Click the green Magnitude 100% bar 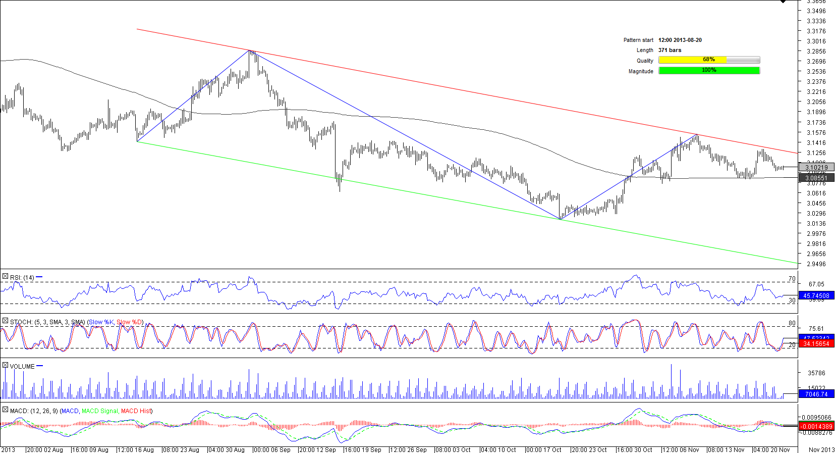point(709,71)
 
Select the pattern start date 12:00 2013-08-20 point(680,40)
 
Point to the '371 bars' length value point(670,50)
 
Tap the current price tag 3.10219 point(816,167)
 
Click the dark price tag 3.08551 point(816,178)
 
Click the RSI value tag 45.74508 point(816,296)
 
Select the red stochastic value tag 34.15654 point(816,344)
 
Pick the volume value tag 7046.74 point(816,394)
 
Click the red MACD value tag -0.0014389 point(816,427)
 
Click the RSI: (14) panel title point(22,277)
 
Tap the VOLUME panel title point(22,366)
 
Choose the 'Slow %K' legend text point(101,322)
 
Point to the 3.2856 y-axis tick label point(816,52)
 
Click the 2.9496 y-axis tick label point(816,264)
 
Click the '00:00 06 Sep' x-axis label point(272,449)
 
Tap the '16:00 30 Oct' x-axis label point(634,449)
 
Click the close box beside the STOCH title point(5,321)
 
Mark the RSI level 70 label point(792,279)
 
